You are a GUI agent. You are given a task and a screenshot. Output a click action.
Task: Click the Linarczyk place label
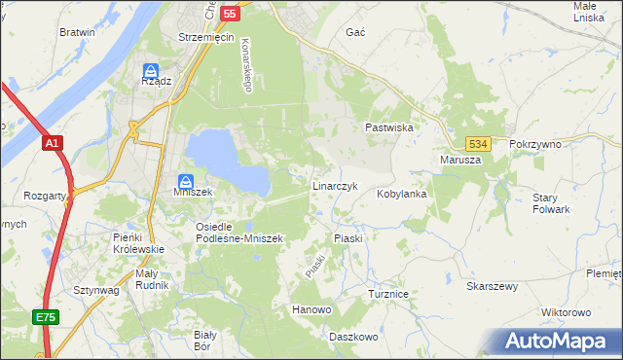click(336, 185)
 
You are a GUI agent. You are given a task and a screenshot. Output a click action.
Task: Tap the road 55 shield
click(230, 14)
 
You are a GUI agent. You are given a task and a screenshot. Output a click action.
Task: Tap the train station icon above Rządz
click(151, 70)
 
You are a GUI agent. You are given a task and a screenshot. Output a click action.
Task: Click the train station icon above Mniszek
click(185, 180)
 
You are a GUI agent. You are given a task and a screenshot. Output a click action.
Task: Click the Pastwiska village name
click(390, 127)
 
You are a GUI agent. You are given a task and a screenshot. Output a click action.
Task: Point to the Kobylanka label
click(402, 194)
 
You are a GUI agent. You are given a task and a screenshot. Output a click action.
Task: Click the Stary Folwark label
click(551, 203)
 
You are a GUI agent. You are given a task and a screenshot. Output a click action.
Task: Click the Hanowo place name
click(312, 309)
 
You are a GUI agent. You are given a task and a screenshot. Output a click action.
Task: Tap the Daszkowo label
click(352, 336)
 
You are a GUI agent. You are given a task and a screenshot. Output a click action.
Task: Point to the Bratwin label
click(77, 32)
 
